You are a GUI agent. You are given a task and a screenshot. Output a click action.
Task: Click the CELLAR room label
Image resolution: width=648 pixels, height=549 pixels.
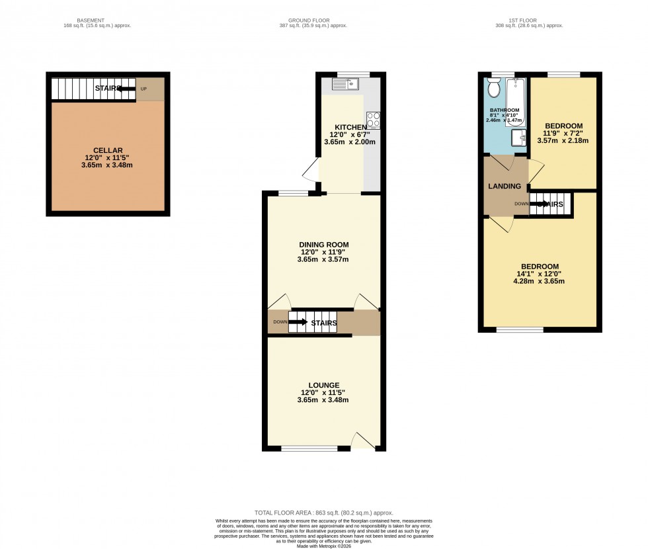(x=107, y=150)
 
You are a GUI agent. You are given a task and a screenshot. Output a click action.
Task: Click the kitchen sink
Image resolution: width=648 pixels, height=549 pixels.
(x=344, y=83)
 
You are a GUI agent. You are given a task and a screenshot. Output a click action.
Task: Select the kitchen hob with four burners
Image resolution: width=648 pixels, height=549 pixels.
(x=374, y=120)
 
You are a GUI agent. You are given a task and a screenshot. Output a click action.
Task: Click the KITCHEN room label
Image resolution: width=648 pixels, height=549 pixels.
(x=350, y=127)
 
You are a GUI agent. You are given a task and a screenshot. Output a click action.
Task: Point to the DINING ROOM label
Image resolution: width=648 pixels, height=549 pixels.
(x=323, y=245)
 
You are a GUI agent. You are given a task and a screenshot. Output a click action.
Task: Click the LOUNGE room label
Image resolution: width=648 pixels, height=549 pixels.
(x=323, y=385)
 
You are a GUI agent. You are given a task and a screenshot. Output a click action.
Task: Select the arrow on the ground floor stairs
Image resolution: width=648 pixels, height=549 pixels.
(x=298, y=323)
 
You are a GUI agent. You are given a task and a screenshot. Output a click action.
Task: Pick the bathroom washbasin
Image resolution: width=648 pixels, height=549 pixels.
(x=519, y=137)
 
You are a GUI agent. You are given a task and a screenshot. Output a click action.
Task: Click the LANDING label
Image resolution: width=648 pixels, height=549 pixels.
(x=505, y=187)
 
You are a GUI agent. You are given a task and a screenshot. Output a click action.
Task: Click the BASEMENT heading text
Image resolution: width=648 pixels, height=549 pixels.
(x=91, y=21)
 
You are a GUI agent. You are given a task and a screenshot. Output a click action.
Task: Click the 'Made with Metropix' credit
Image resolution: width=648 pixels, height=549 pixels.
(x=324, y=546)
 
